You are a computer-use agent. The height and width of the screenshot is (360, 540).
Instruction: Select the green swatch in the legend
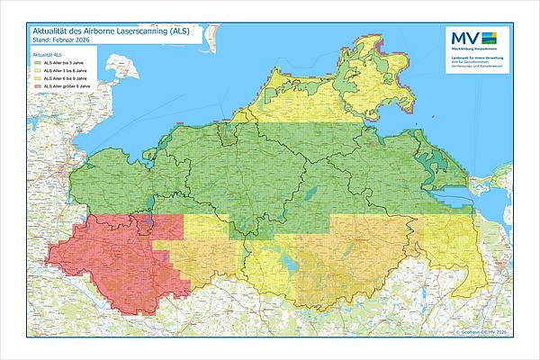coord(37,64)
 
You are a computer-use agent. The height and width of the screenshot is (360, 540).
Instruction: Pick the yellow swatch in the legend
coord(37,72)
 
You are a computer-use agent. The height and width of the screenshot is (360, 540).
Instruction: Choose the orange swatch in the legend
coord(37,79)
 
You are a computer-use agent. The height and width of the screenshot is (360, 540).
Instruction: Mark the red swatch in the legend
coord(37,87)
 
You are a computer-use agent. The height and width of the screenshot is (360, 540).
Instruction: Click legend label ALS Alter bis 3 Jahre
coord(64,64)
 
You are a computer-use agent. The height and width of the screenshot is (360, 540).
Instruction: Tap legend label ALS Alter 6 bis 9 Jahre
coord(65,79)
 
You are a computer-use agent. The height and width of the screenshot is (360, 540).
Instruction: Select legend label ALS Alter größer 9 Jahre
coord(67,87)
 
